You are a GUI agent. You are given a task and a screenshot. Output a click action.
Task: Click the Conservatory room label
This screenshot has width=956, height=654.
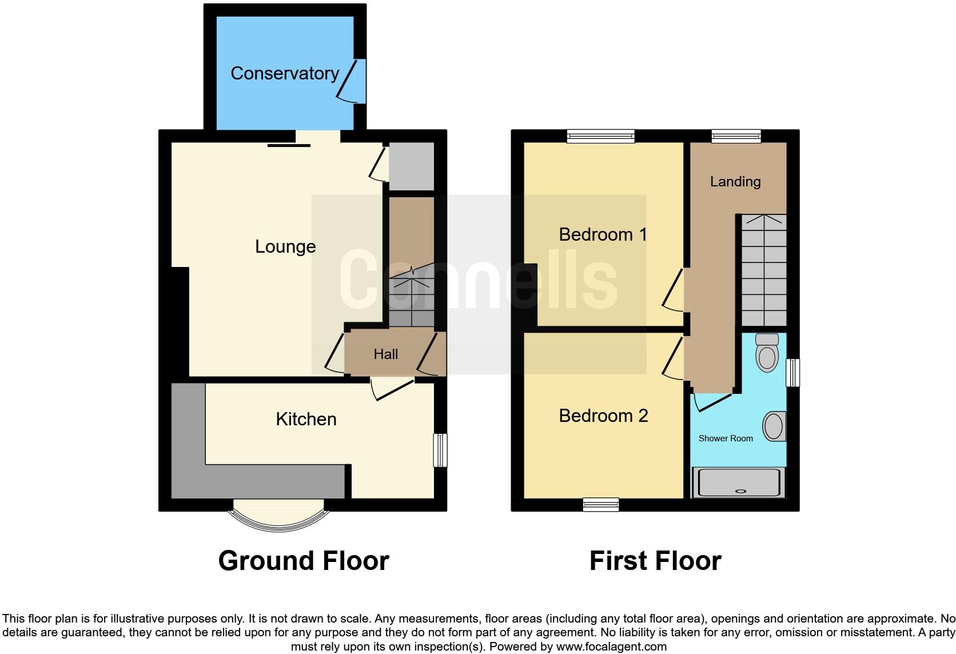[285, 73]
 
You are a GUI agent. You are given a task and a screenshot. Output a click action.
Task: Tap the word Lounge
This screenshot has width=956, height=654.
[285, 246]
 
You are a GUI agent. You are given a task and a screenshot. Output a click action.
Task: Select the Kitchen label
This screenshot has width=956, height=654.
[306, 419]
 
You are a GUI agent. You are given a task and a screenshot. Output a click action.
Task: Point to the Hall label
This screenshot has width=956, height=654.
[386, 354]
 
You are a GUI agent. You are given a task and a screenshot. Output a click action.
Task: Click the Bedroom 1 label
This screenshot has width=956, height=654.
[603, 234]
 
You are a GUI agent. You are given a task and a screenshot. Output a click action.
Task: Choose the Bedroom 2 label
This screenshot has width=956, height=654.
[603, 416]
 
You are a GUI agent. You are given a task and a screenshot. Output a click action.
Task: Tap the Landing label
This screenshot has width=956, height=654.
[735, 182]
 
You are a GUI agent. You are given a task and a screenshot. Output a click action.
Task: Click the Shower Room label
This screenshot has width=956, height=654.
[726, 438]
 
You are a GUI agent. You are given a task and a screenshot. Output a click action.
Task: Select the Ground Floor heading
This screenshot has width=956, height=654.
[304, 561]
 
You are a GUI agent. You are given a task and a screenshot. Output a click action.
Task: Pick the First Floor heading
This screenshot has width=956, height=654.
[655, 561]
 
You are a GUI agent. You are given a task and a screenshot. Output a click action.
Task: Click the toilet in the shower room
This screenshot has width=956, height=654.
[767, 353]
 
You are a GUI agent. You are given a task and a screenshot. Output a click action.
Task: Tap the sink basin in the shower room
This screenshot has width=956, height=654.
[774, 426]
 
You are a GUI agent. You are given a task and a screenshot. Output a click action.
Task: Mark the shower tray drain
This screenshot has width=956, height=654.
[742, 491]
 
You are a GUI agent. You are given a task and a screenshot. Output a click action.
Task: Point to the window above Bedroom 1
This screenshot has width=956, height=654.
[601, 136]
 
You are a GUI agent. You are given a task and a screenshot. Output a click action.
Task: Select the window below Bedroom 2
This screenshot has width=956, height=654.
[601, 504]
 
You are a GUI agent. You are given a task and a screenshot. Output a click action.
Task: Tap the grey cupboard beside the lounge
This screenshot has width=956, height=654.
[411, 166]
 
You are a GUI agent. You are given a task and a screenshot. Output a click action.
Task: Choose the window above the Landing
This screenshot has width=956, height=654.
[736, 136]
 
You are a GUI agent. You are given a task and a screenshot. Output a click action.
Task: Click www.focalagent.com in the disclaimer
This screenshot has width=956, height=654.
[611, 647]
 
